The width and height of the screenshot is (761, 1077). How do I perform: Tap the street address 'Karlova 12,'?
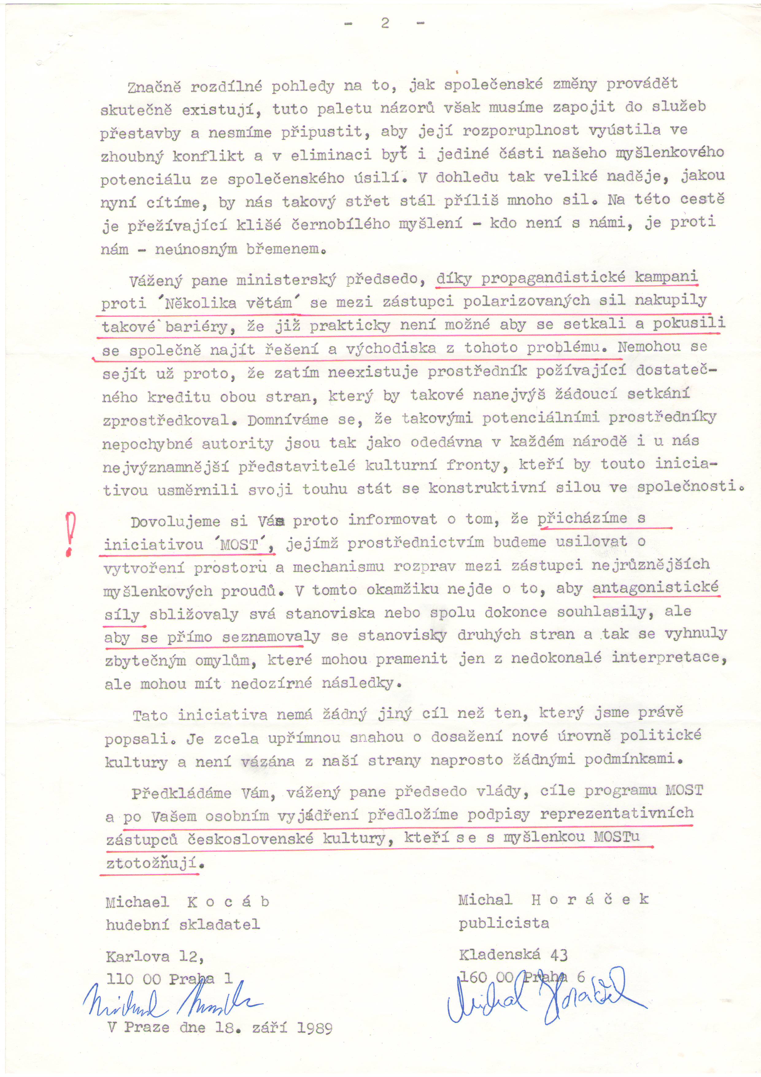[x=155, y=956]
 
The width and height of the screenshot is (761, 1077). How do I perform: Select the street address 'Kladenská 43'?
[x=513, y=954]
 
